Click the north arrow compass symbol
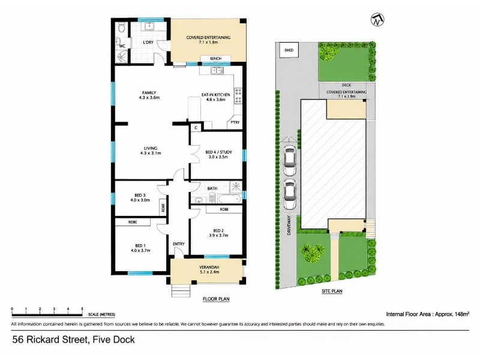pos(377,20)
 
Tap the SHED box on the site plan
pos(289,50)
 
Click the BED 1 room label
pos(143,248)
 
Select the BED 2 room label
pos(218,233)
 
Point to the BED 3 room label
pos(140,198)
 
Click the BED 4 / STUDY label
pos(218,154)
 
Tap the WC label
pos(122,46)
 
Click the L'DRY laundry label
pos(148,42)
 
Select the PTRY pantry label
pos(235,122)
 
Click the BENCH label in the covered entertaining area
pos(216,58)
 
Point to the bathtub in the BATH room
pos(230,199)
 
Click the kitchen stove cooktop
pos(238,95)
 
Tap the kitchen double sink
pos(217,70)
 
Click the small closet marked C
pos(196,127)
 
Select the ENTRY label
pos(178,244)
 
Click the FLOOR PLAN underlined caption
pos(216,299)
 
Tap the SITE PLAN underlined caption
pos(332,291)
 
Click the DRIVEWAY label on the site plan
pos(289,226)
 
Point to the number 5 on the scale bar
pos(82,309)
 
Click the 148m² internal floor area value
pos(462,314)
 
